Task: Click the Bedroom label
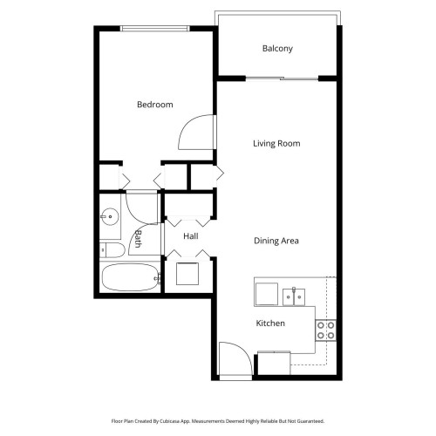click(x=154, y=105)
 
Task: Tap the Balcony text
click(x=277, y=49)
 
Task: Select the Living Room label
click(x=276, y=144)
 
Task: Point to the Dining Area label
click(x=276, y=241)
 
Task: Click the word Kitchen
click(x=269, y=324)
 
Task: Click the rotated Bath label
click(x=137, y=239)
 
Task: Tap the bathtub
click(x=129, y=279)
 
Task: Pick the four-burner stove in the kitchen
click(x=326, y=330)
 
